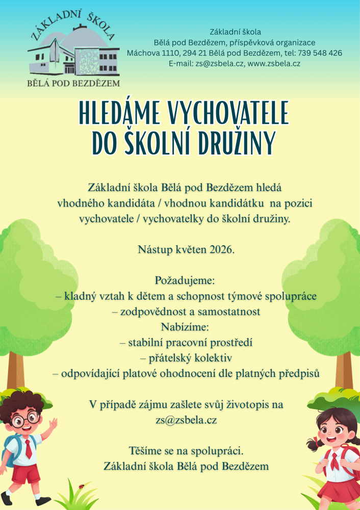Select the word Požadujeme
coord(180,281)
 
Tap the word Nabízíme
coord(180,326)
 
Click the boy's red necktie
coord(29,449)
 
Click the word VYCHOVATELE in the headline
coord(227,113)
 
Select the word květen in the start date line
coord(187,250)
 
